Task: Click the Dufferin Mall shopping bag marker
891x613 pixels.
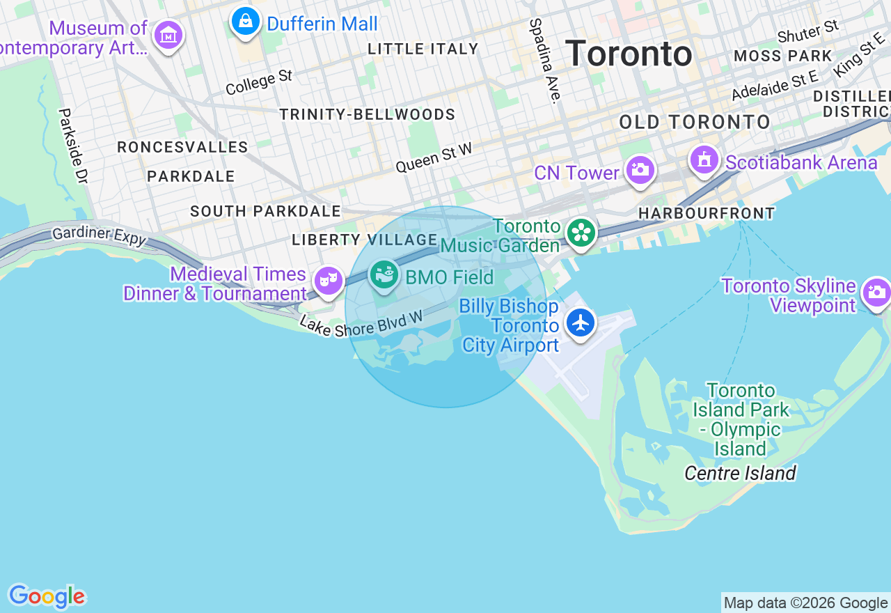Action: (245, 22)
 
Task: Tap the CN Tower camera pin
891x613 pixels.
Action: (640, 170)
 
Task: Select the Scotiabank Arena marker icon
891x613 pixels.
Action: (704, 160)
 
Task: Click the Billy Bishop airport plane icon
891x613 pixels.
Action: (580, 323)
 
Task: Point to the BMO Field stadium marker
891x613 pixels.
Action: (383, 275)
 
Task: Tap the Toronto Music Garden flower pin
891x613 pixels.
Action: (581, 233)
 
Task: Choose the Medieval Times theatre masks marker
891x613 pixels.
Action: (327, 281)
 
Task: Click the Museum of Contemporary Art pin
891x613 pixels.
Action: (168, 34)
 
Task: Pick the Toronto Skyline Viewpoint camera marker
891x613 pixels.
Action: (876, 293)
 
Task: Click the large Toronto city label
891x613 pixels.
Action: (629, 54)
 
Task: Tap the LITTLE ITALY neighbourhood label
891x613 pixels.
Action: (423, 49)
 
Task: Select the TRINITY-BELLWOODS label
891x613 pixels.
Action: (368, 114)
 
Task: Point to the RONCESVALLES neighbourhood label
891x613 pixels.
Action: (182, 147)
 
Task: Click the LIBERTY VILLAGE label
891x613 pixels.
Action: (365, 240)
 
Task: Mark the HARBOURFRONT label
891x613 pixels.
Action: (707, 213)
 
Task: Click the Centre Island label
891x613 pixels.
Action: (740, 474)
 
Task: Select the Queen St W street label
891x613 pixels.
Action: (434, 158)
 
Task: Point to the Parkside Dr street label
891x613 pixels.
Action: (73, 146)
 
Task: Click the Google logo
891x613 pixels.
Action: (47, 597)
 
